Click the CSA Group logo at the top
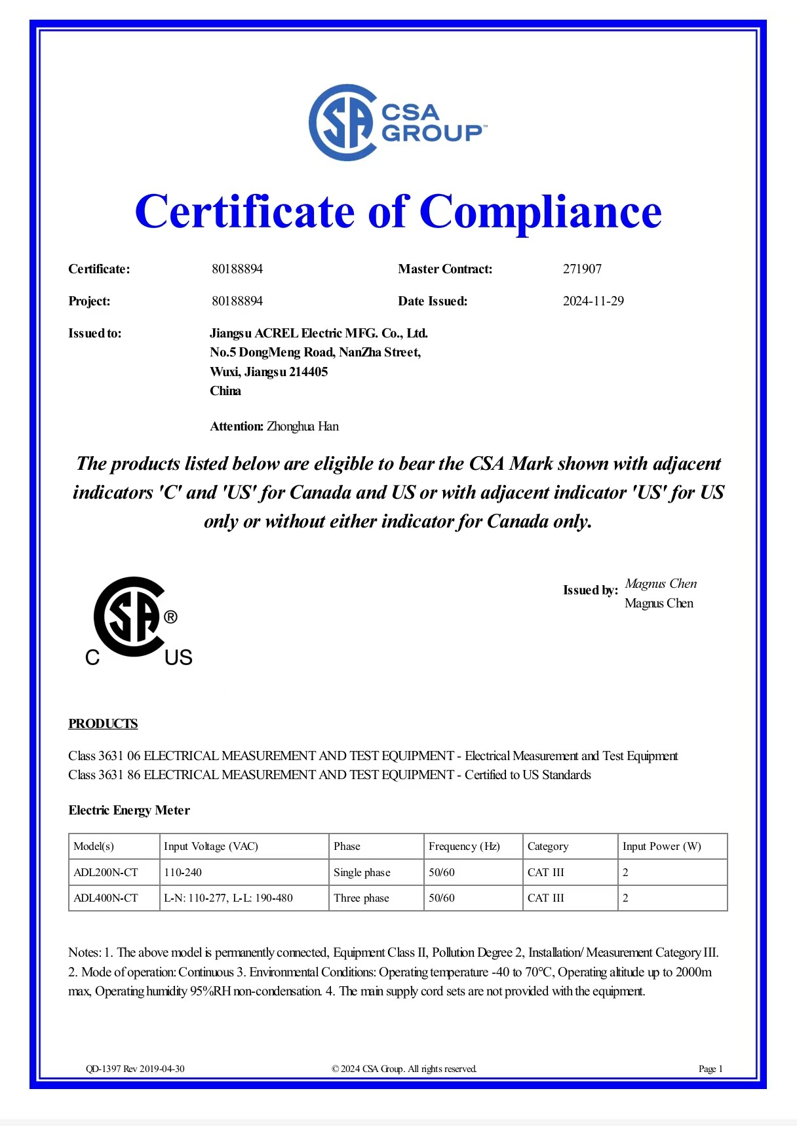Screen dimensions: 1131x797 [x=397, y=123]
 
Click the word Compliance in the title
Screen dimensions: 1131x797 [x=540, y=212]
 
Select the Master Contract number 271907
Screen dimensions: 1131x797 [x=582, y=269]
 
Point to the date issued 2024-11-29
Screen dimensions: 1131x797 [x=593, y=301]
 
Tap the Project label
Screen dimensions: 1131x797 [x=89, y=301]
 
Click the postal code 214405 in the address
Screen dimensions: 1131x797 [x=308, y=372]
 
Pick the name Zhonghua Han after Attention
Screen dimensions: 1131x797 [x=303, y=427]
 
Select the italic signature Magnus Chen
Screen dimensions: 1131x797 [x=661, y=584]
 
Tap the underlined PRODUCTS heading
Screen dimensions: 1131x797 [x=103, y=724]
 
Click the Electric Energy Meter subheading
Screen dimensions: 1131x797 [x=129, y=811]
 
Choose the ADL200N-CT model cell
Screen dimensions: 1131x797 [x=106, y=873]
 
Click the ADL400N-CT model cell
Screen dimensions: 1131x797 [x=106, y=898]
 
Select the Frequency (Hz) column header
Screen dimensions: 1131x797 [x=464, y=847]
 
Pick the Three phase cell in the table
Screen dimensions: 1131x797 [x=361, y=898]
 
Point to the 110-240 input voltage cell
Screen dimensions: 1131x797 [x=183, y=873]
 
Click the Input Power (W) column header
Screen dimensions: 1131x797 [x=661, y=847]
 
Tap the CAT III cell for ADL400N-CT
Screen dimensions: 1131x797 [x=545, y=898]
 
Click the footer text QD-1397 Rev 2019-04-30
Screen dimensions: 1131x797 [x=135, y=1069]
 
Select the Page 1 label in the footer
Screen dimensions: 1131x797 [x=710, y=1069]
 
